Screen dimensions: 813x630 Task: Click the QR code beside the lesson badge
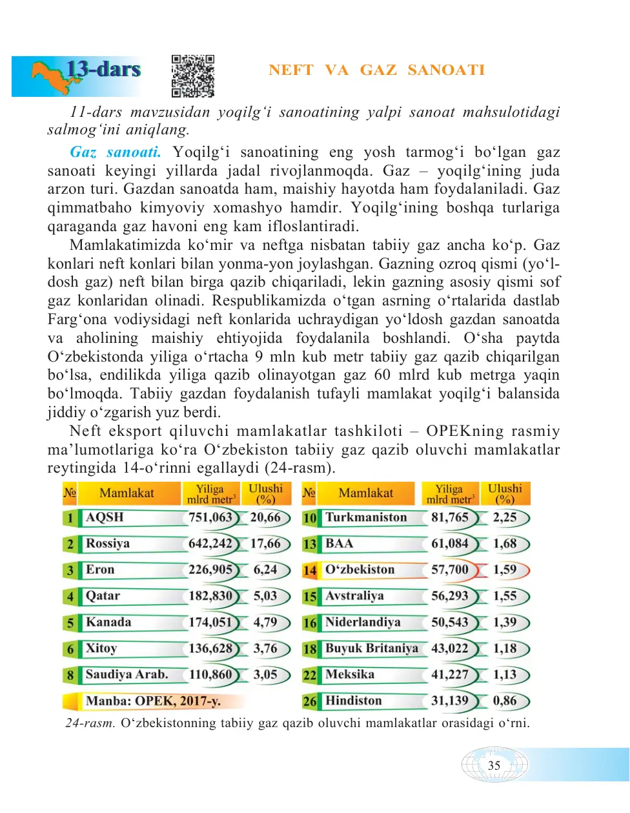tap(193, 76)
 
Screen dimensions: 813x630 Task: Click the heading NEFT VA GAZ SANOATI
tap(376, 70)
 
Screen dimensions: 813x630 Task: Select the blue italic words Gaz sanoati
tap(116, 152)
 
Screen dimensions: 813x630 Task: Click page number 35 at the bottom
tap(494, 765)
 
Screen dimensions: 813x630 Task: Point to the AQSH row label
tap(105, 517)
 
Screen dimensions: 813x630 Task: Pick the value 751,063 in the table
tap(210, 517)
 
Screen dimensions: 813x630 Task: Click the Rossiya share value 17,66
tap(266, 544)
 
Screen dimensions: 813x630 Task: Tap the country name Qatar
tap(103, 596)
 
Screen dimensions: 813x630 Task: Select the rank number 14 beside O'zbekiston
tap(310, 570)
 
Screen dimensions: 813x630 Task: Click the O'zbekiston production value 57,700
tap(450, 570)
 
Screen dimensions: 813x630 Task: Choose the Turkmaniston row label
tap(366, 517)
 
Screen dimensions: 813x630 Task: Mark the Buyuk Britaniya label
tap(372, 648)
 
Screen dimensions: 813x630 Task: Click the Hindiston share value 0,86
tap(505, 701)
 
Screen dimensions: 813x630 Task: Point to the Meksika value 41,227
tap(450, 674)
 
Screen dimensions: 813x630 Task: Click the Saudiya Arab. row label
tap(127, 674)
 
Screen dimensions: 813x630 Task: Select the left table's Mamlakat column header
tap(127, 493)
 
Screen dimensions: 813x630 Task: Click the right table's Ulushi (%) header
tap(505, 493)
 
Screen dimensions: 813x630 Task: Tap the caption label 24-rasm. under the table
tap(90, 723)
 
